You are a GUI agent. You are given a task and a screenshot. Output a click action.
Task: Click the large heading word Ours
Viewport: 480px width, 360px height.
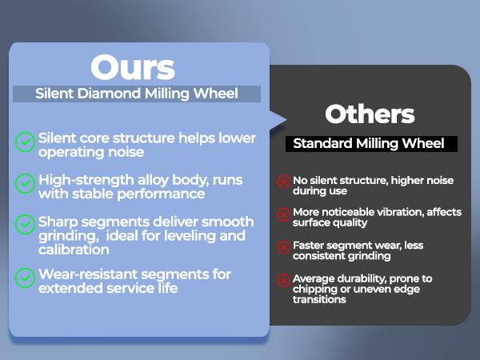point(133,67)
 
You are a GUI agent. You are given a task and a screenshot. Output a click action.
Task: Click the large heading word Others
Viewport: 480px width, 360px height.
point(370,114)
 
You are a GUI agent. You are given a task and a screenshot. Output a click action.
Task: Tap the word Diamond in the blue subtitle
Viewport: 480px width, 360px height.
point(109,93)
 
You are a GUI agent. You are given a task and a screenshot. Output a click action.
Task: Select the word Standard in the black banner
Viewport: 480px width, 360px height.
point(322,143)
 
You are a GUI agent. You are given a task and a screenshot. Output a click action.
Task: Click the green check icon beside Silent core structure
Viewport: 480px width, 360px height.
point(25,142)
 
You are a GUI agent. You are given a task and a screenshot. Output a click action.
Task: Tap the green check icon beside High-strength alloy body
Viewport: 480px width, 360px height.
point(25,184)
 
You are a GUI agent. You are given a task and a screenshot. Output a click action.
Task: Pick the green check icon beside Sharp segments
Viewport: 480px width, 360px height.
point(25,224)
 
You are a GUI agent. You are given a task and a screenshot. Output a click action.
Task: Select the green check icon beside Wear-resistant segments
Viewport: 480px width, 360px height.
point(25,278)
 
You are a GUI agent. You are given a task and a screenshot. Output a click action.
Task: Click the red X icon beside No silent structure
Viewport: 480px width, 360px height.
point(284,182)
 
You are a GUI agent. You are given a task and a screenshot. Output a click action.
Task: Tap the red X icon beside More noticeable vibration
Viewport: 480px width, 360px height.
point(284,214)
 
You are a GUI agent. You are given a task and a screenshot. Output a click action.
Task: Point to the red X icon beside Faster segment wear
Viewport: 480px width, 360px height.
point(284,247)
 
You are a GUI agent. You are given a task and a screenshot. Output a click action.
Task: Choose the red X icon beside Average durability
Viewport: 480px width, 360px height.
point(284,281)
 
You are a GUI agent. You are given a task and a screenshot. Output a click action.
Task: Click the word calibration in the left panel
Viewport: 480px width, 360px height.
point(74,250)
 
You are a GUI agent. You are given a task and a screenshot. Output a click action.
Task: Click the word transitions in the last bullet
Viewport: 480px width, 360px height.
point(319,299)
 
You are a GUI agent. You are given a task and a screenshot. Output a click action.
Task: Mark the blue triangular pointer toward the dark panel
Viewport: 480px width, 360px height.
point(278,120)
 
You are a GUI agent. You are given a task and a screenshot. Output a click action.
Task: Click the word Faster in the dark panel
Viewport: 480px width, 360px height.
point(308,246)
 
